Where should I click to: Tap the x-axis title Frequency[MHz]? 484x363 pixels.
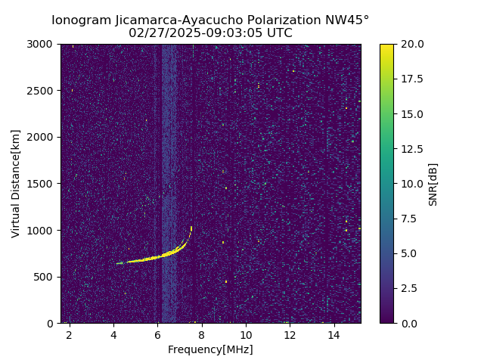[x=210, y=349]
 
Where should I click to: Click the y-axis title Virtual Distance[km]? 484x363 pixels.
[x=16, y=184]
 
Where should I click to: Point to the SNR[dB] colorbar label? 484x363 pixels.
[x=433, y=184]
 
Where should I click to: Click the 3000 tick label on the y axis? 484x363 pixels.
[x=42, y=45]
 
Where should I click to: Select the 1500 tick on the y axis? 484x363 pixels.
[x=42, y=184]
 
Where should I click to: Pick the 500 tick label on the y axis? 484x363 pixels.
[x=45, y=277]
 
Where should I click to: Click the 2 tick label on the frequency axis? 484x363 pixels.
[x=70, y=335]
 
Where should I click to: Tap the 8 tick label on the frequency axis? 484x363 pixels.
[x=202, y=335]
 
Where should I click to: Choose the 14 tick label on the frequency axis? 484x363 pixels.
[x=334, y=335]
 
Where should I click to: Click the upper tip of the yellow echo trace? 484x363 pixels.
[x=191, y=227]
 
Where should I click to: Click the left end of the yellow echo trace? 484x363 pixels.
[x=117, y=263]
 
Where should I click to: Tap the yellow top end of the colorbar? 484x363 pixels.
[x=386, y=46]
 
